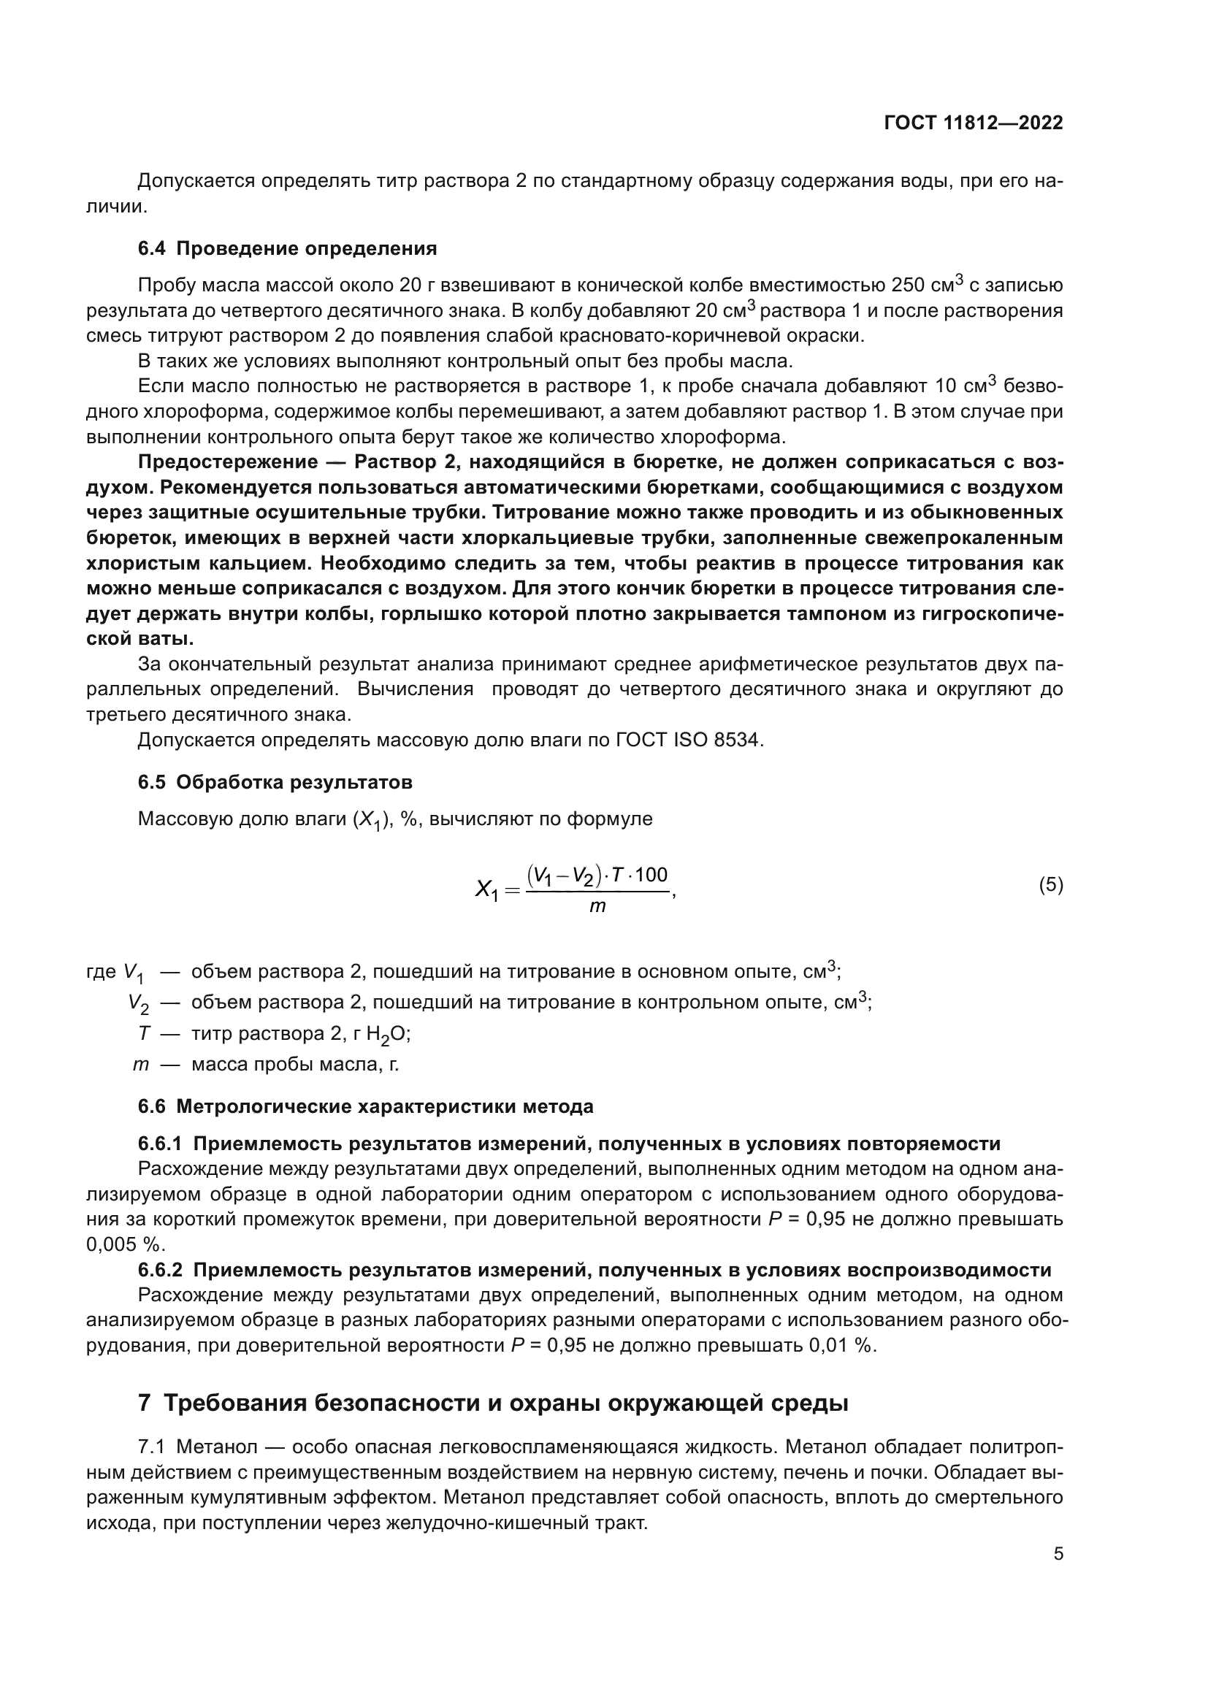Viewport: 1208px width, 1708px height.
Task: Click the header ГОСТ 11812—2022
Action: click(973, 123)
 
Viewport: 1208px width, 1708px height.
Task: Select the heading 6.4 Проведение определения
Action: click(287, 248)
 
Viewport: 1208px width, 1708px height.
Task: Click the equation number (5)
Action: click(1050, 885)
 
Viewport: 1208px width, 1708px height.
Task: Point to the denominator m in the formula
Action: click(597, 906)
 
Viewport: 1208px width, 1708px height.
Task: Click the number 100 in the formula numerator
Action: click(651, 875)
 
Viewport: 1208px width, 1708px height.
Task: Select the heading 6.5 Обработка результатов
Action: click(275, 783)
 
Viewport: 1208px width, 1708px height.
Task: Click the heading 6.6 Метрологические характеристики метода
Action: click(365, 1107)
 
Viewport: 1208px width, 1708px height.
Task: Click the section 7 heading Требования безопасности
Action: click(493, 1403)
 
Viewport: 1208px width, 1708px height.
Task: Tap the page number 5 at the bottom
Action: click(1058, 1553)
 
